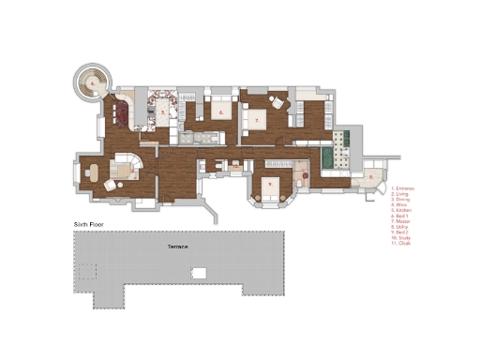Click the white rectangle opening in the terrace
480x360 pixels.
(x=197, y=273)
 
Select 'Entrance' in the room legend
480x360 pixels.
(x=402, y=188)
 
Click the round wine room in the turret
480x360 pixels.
(x=94, y=82)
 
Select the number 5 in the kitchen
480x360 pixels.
(x=163, y=112)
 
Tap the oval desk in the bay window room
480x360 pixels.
(x=94, y=171)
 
